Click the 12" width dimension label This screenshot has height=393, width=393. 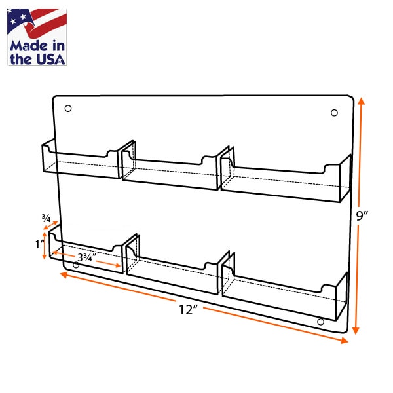[189, 310]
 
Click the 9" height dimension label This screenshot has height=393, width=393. [362, 215]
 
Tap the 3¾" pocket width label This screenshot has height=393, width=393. [86, 257]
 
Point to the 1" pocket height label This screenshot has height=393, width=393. [40, 244]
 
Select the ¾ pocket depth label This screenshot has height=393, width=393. [46, 218]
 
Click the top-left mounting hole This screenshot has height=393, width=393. [68, 109]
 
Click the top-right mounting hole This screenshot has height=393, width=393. [334, 113]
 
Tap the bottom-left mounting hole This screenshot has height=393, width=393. [76, 265]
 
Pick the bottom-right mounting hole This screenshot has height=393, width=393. [320, 322]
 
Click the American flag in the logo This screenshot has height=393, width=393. [37, 23]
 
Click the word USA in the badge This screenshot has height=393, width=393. [51, 60]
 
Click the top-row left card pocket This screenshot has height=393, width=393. [81, 160]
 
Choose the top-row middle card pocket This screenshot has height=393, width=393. [176, 166]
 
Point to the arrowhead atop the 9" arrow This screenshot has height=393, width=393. [361, 101]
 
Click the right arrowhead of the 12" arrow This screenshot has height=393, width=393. [345, 340]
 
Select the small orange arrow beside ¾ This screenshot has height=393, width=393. [51, 225]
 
